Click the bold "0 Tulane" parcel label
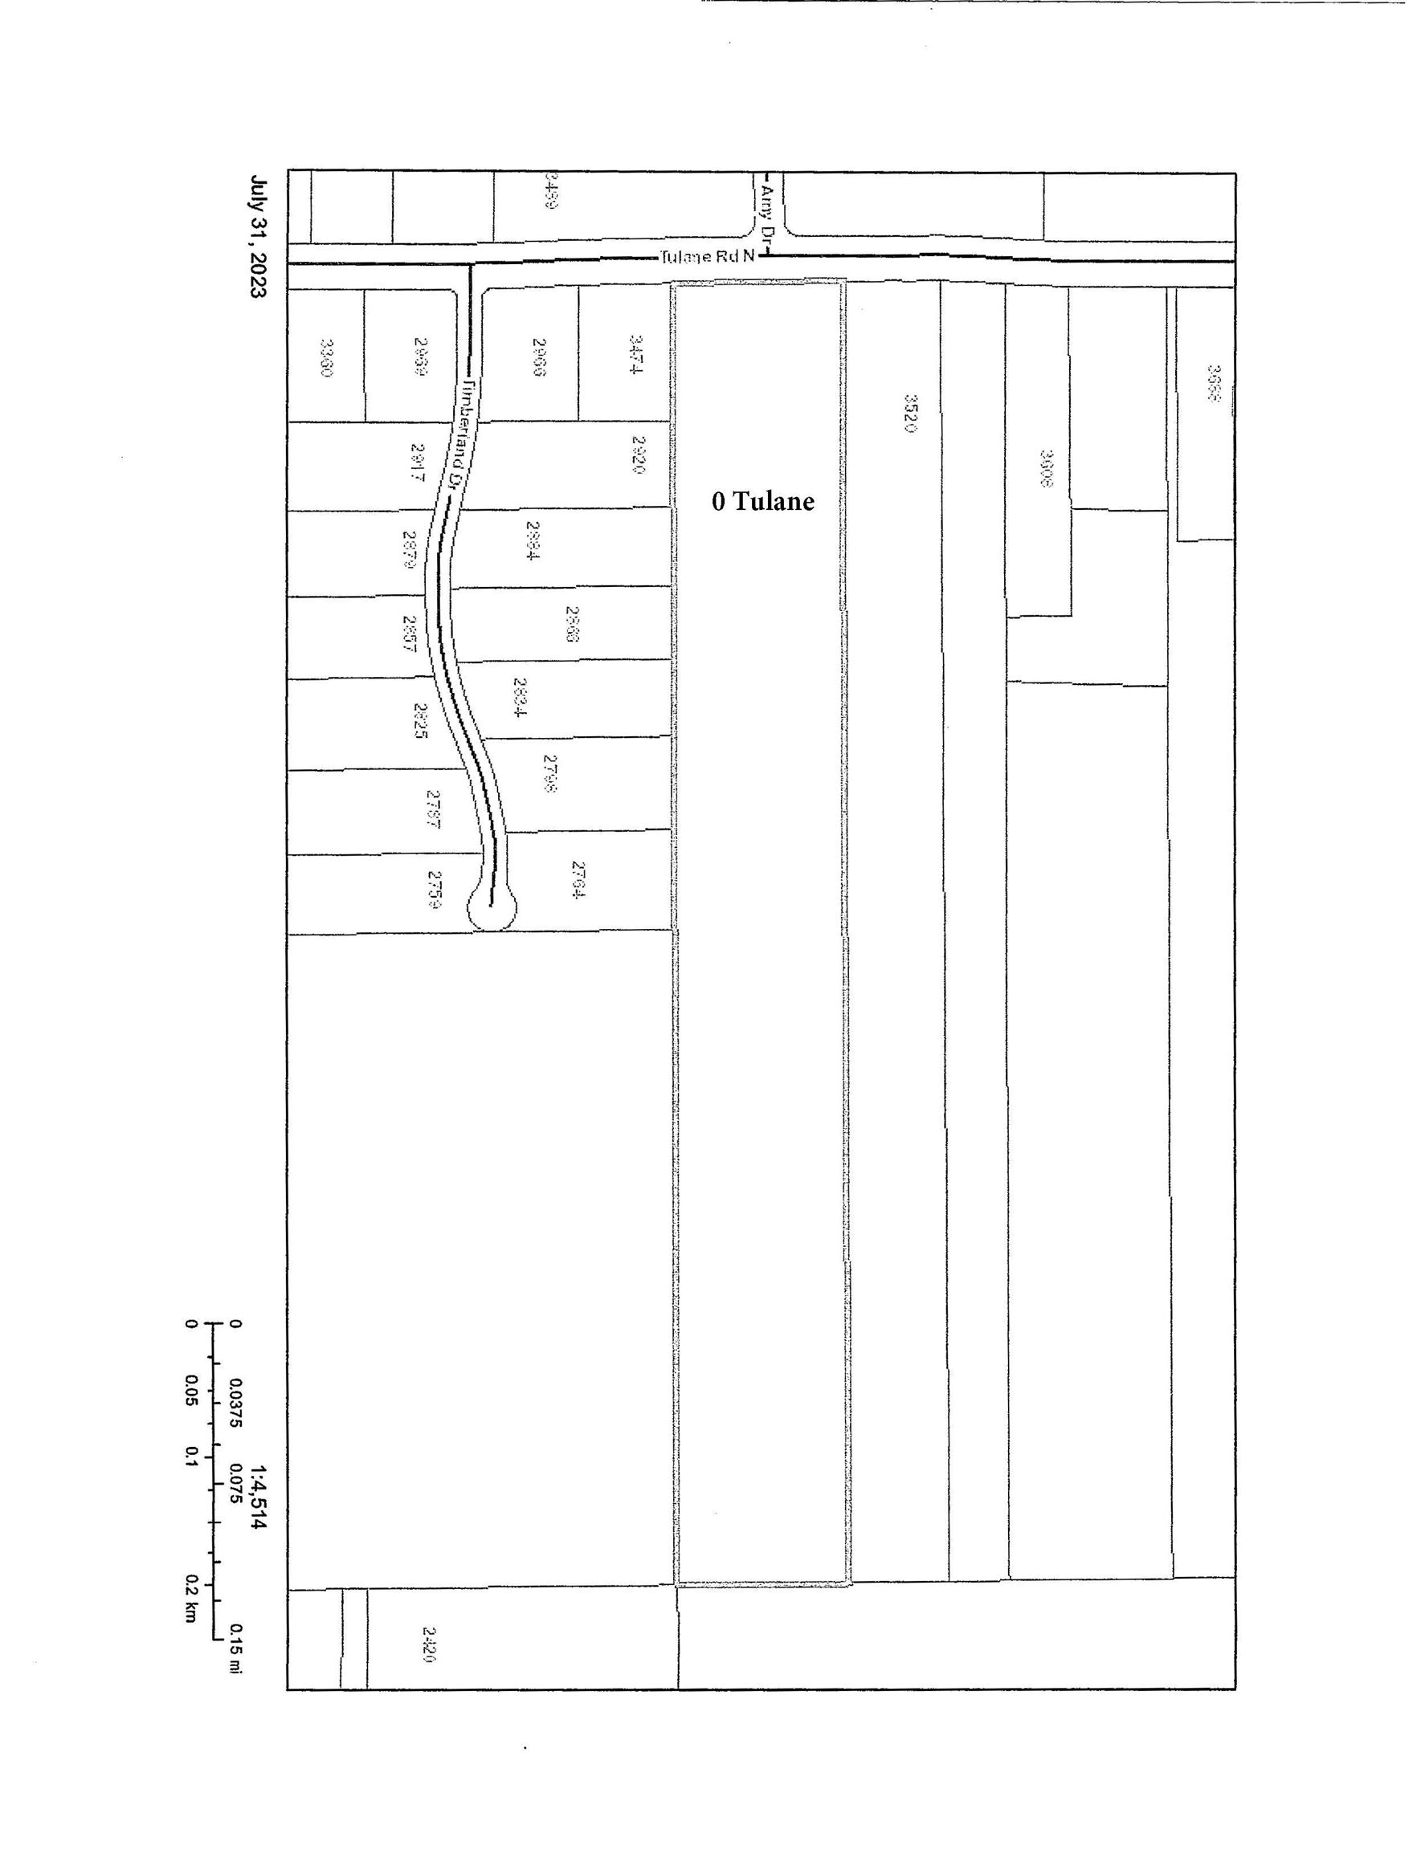[762, 502]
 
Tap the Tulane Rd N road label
[707, 256]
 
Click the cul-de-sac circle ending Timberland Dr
[492, 908]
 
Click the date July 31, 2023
[258, 236]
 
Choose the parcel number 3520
[910, 414]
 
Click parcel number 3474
[636, 354]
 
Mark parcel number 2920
[639, 454]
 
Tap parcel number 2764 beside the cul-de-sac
[578, 879]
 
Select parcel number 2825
[420, 721]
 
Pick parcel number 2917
[416, 462]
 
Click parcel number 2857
[409, 634]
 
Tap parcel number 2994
[533, 540]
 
